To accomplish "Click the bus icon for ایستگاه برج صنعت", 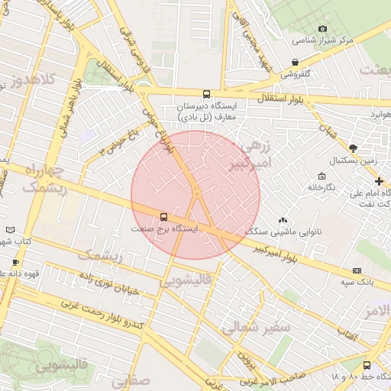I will pos(163,216).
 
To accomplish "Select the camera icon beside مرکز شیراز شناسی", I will pos(322,29).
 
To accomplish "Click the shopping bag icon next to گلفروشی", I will pos(295,63).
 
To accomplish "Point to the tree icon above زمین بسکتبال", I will pos(352,147).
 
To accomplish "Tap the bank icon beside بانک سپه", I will pos(357,270).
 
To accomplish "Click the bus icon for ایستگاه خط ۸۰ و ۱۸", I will pos(367,365).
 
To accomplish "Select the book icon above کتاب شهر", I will pos(10,229).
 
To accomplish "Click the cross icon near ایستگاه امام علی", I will pos(380,181).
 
